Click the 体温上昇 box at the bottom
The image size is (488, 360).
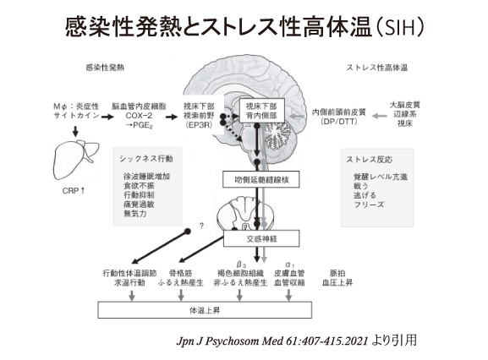pos(205,310)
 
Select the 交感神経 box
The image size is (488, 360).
pos(261,238)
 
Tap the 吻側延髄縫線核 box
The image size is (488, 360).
pos(261,179)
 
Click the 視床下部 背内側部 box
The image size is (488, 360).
pos(261,111)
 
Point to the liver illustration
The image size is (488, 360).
pos(75,159)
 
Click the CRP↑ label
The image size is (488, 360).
pos(74,191)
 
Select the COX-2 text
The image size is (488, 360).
pos(139,116)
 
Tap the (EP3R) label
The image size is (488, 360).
pos(199,125)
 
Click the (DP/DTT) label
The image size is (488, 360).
pos(339,121)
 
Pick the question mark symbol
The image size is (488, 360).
pos(201,226)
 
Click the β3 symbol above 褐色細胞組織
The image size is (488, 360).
pos(241,265)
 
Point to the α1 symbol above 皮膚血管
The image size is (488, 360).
pos(290,265)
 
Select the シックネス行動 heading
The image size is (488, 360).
pos(146,159)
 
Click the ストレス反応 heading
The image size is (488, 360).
pos(369,159)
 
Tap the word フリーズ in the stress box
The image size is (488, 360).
pos(369,205)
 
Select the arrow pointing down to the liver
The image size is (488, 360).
pos(75,131)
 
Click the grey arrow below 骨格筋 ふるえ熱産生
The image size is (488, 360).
pos(181,295)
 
